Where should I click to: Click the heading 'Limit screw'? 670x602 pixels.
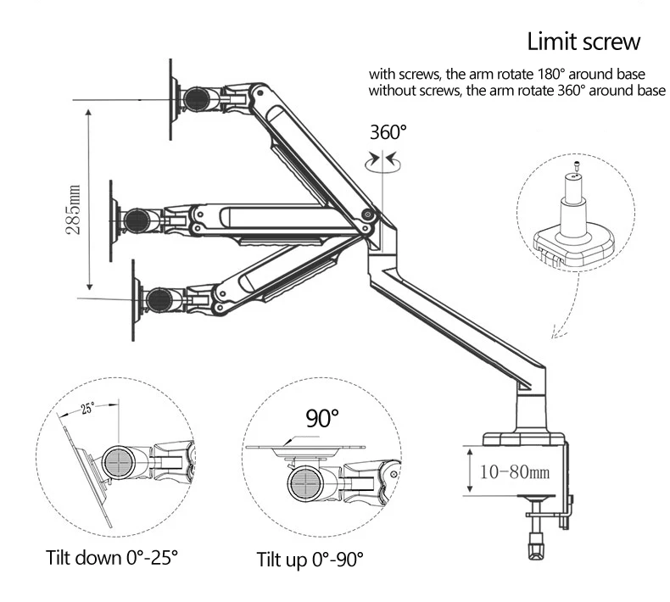click(x=583, y=42)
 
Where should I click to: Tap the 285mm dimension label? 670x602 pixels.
click(x=73, y=209)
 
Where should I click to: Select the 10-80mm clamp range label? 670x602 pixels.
click(x=515, y=472)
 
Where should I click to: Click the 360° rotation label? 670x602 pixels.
click(x=388, y=132)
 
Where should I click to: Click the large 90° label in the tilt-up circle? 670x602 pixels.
click(x=322, y=418)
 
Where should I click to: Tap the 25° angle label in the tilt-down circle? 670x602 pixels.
click(x=87, y=408)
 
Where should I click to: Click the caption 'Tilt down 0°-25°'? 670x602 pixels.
click(x=111, y=558)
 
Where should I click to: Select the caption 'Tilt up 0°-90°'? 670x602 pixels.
click(x=310, y=560)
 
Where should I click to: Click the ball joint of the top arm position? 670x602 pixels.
click(x=198, y=98)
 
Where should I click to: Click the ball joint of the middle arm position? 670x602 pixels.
click(x=137, y=220)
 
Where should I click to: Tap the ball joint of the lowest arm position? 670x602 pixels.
click(x=159, y=299)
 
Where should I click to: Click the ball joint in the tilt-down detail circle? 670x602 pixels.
click(x=119, y=462)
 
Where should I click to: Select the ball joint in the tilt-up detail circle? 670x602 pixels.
click(x=306, y=483)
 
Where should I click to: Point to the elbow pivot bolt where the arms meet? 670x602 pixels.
click(x=366, y=215)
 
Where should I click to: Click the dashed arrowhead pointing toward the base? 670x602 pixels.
click(x=556, y=332)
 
